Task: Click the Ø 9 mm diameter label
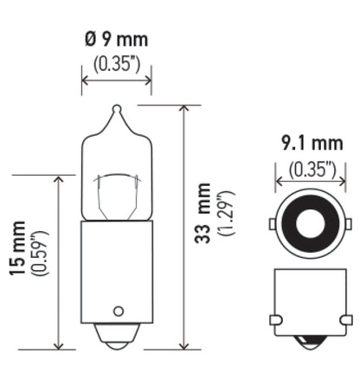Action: click(116, 40)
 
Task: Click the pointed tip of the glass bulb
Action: click(116, 111)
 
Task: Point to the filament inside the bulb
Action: click(116, 195)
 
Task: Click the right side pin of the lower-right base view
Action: click(341, 321)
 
